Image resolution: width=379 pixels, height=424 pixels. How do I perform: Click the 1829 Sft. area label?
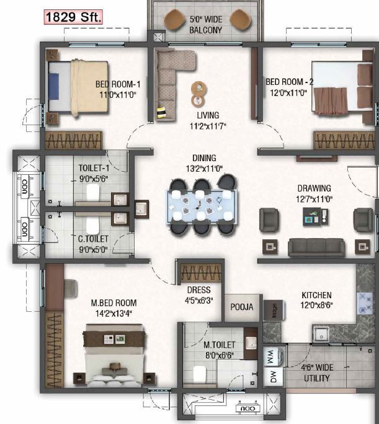[x=73, y=17]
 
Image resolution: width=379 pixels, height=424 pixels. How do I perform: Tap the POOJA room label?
[x=242, y=307]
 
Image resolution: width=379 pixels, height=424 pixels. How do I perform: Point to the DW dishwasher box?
[x=273, y=376]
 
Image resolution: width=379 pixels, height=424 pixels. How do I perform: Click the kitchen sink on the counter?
[x=321, y=335]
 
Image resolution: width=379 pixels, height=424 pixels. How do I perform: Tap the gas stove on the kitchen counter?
[x=365, y=303]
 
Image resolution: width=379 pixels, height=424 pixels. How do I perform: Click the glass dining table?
[x=202, y=207]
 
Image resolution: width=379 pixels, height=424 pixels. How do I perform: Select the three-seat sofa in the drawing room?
[x=316, y=247]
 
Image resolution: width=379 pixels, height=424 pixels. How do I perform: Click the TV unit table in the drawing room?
[x=316, y=216]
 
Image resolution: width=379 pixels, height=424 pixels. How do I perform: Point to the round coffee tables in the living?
[x=199, y=94]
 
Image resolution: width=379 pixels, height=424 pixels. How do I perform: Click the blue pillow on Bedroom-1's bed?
[x=53, y=86]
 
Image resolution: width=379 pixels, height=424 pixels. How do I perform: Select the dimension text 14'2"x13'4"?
[x=114, y=314]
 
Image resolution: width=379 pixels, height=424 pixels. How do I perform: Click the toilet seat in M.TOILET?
[x=200, y=374]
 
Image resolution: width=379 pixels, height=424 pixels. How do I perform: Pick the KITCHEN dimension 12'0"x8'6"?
[x=316, y=305]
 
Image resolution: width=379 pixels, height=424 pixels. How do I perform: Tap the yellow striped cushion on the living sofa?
[x=162, y=112]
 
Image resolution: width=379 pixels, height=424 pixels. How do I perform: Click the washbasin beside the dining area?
[x=142, y=209]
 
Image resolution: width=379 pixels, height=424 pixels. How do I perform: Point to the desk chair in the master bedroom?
[x=71, y=288]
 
